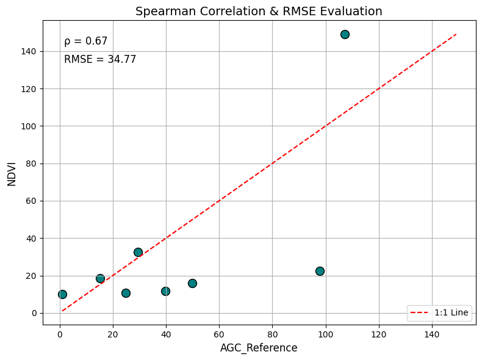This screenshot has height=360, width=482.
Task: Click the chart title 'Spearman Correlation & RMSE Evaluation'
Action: pyautogui.click(x=259, y=11)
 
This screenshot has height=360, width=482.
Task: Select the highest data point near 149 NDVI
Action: pyautogui.click(x=345, y=34)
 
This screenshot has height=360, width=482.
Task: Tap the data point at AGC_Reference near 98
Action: pyautogui.click(x=320, y=271)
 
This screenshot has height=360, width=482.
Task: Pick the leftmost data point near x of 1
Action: pyautogui.click(x=62, y=294)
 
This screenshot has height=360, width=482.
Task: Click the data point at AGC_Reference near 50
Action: pyautogui.click(x=192, y=283)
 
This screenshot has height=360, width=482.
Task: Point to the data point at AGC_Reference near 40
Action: pyautogui.click(x=165, y=291)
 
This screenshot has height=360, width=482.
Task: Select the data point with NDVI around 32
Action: pyautogui.click(x=138, y=252)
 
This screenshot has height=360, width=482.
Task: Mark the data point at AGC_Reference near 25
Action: pyautogui.click(x=126, y=293)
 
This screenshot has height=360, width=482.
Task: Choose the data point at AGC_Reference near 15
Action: pyautogui.click(x=100, y=278)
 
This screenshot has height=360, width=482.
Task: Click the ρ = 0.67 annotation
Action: pyautogui.click(x=85, y=41)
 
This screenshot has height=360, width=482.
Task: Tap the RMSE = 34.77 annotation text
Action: pyautogui.click(x=100, y=60)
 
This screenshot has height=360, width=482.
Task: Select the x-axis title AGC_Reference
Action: pyautogui.click(x=259, y=348)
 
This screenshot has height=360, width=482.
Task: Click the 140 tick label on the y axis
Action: pyautogui.click(x=29, y=51)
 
